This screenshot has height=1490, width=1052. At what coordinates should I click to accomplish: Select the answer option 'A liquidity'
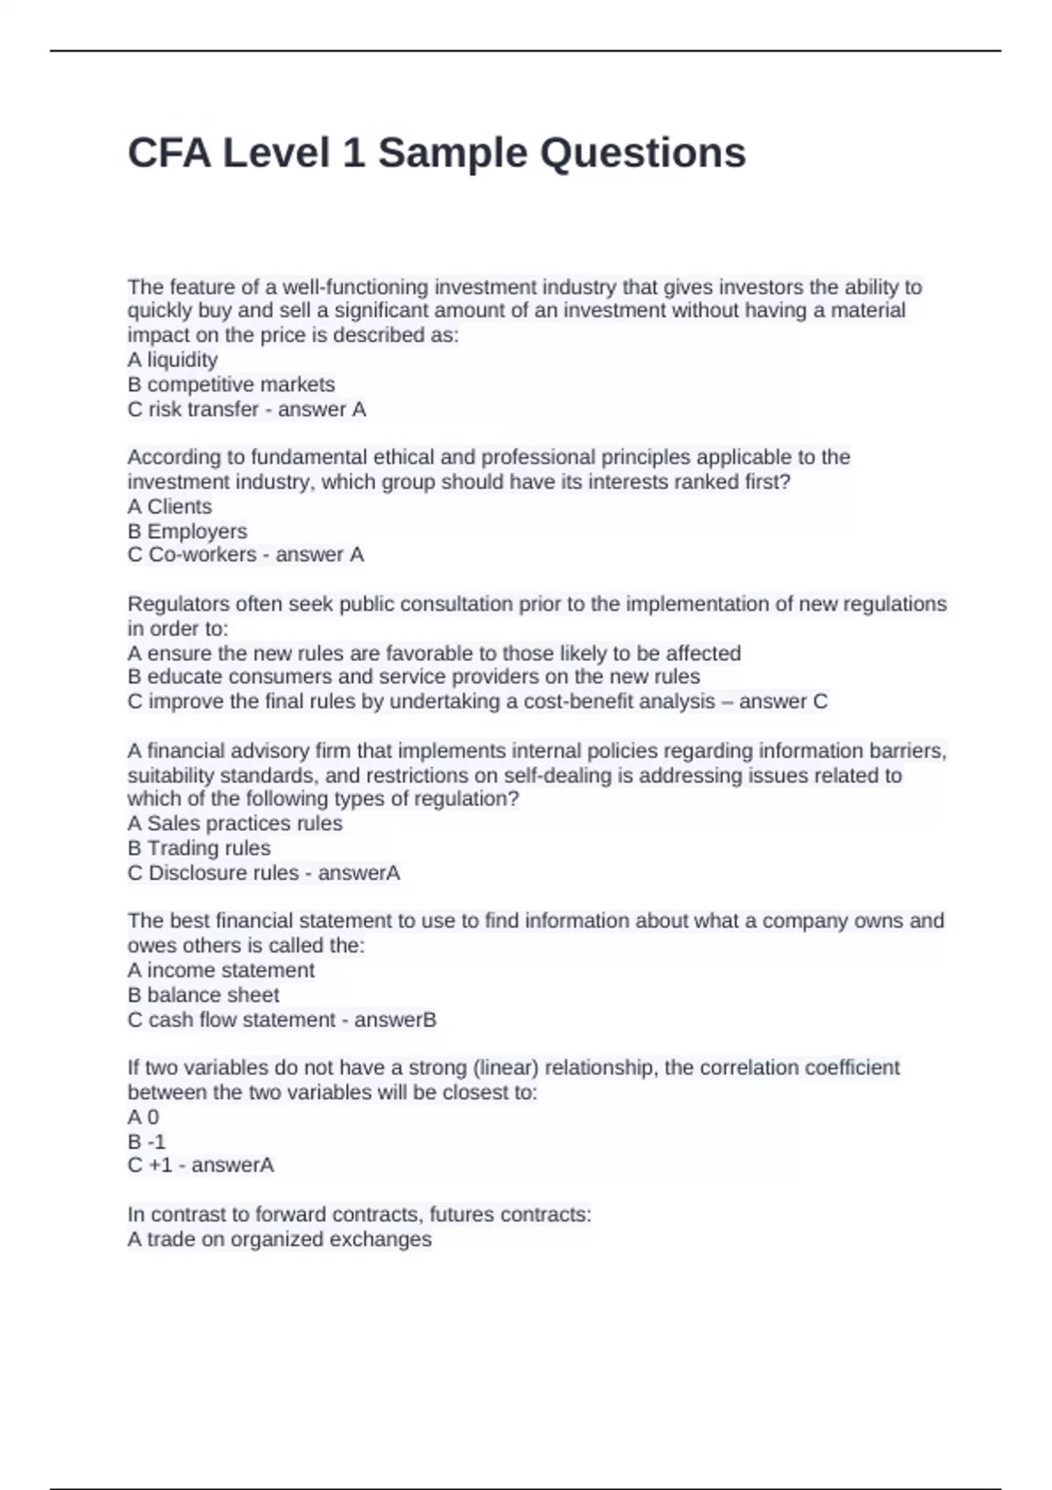173,359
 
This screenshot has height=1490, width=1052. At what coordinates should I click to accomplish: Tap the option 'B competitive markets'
231,384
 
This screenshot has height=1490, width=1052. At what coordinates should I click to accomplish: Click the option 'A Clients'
170,507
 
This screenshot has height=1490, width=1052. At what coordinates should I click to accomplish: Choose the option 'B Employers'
188,531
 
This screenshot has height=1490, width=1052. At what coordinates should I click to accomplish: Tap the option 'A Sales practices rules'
235,823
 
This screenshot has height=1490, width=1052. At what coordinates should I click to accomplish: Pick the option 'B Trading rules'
199,848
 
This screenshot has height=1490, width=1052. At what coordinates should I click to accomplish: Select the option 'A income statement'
221,970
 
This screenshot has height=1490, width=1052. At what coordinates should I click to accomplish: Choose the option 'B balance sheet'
203,995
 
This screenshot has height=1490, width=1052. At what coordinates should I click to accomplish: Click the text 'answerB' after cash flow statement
394,1019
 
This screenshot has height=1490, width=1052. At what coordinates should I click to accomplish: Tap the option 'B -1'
146,1141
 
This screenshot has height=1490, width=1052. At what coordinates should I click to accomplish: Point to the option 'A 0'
144,1117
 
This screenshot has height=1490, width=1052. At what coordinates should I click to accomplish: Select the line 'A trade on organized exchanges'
280,1239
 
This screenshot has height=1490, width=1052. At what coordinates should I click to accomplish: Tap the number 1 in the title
354,153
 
